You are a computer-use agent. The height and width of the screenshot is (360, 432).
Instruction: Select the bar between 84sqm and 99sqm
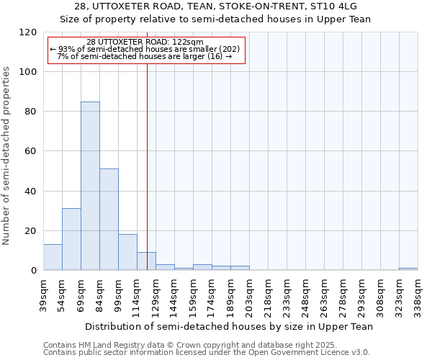(x=109, y=220)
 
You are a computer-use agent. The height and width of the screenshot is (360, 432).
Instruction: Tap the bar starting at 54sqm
(x=71, y=239)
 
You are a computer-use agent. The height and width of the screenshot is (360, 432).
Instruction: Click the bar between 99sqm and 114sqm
(x=127, y=252)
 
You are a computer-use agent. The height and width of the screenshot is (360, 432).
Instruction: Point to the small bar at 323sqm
(x=408, y=269)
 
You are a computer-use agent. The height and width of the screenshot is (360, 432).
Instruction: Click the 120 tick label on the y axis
(x=28, y=32)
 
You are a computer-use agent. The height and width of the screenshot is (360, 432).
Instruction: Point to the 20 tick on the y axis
(x=31, y=231)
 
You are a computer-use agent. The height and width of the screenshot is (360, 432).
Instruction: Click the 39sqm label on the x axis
(x=44, y=293)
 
